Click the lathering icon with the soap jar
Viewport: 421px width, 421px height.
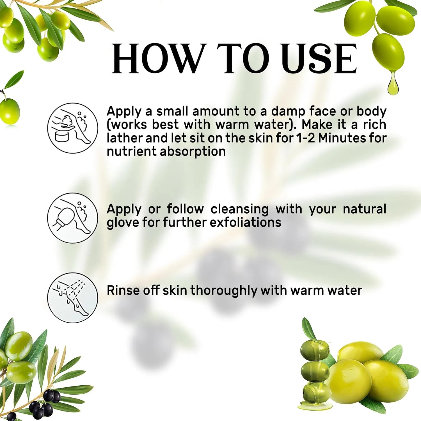click(x=73, y=128)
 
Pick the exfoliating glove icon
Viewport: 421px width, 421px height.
click(x=73, y=218)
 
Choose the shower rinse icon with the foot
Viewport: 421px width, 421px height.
click(x=73, y=298)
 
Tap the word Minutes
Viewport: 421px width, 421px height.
click(x=342, y=138)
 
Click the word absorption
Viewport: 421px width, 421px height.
click(x=193, y=152)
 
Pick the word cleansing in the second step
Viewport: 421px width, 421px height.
click(x=239, y=209)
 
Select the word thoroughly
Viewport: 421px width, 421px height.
click(x=224, y=291)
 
